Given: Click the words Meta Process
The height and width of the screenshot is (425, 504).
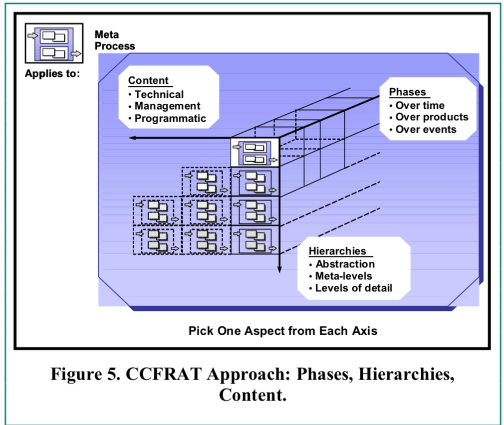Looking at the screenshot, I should (x=114, y=40).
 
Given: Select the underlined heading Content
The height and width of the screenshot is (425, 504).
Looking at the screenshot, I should (x=148, y=81).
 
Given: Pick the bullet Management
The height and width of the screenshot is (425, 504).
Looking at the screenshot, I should (x=167, y=106).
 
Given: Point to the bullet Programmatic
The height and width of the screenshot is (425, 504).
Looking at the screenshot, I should (x=170, y=118).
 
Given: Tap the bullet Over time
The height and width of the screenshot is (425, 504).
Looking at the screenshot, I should (x=419, y=105).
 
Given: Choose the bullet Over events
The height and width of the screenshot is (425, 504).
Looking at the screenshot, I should (x=426, y=129).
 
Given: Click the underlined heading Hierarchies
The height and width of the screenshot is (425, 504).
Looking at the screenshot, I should (x=337, y=251).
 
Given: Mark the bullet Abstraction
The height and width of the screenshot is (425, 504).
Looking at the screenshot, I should (x=344, y=264).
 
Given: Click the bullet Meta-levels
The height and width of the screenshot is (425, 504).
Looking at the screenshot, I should (x=343, y=276).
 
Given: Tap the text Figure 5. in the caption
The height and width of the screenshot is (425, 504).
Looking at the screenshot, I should (x=78, y=375).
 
